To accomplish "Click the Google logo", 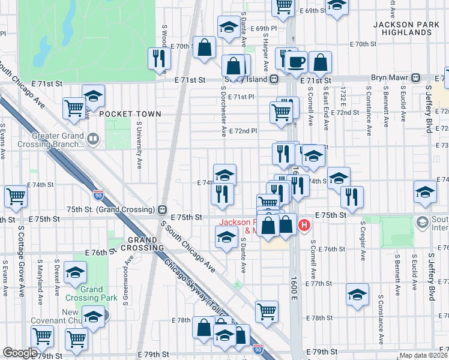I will point(20,353).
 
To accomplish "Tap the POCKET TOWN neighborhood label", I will point(130,114).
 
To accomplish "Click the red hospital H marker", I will point(304,226).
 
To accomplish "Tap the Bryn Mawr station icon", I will point(415,77).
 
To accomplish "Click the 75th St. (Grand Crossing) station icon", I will point(161,210).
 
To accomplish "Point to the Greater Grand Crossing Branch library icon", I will point(92,141).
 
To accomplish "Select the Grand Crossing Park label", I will point(92,293).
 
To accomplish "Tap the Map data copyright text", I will point(424,355).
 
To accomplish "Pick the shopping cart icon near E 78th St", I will point(267,311).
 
